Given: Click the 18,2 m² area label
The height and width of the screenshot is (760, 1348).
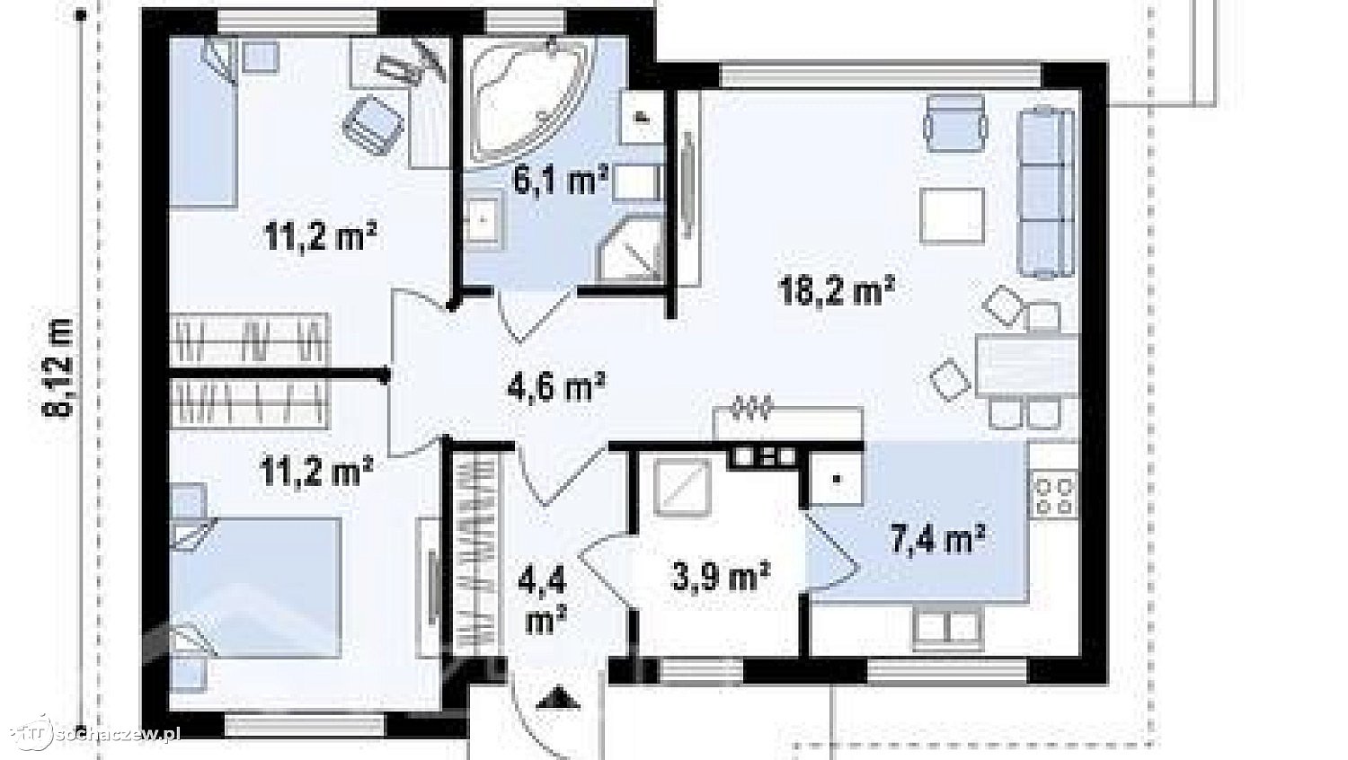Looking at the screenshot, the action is (836, 291).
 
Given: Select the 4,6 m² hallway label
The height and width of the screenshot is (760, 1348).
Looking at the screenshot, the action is (556, 387).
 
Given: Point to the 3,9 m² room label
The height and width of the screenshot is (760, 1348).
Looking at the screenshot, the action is (721, 577).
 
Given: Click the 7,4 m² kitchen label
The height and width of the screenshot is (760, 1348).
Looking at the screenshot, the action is (937, 540).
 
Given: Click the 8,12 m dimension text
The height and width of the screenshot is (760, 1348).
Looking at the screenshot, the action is (58, 367).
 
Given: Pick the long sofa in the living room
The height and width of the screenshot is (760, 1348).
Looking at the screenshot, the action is (1045, 192).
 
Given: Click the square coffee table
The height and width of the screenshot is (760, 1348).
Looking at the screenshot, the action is (953, 217).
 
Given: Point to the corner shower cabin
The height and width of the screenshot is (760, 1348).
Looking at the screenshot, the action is (631, 252).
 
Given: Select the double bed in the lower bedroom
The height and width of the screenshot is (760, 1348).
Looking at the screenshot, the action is (256, 588).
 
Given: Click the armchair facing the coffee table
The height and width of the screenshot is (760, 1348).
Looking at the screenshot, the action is (956, 123).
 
